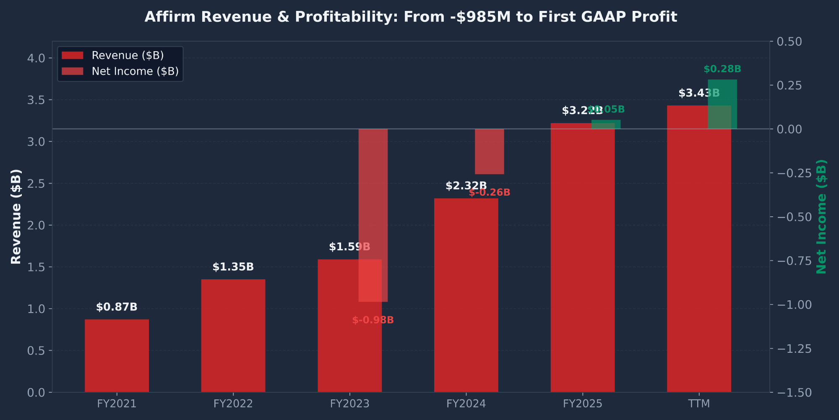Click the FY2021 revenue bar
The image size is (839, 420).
[117, 356]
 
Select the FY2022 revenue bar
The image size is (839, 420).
[233, 336]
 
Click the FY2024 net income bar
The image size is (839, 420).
[489, 152]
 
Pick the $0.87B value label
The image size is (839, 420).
[117, 307]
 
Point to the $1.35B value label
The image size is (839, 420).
[233, 267]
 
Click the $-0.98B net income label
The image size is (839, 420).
[373, 320]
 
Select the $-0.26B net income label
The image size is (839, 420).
[489, 193]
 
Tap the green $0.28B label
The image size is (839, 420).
[722, 69]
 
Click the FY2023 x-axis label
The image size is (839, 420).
[349, 404]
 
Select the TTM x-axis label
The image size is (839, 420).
[699, 404]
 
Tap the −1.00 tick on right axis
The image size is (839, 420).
[794, 305]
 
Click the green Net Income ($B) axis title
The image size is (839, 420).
[821, 217]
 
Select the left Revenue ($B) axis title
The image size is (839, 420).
[16, 217]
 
